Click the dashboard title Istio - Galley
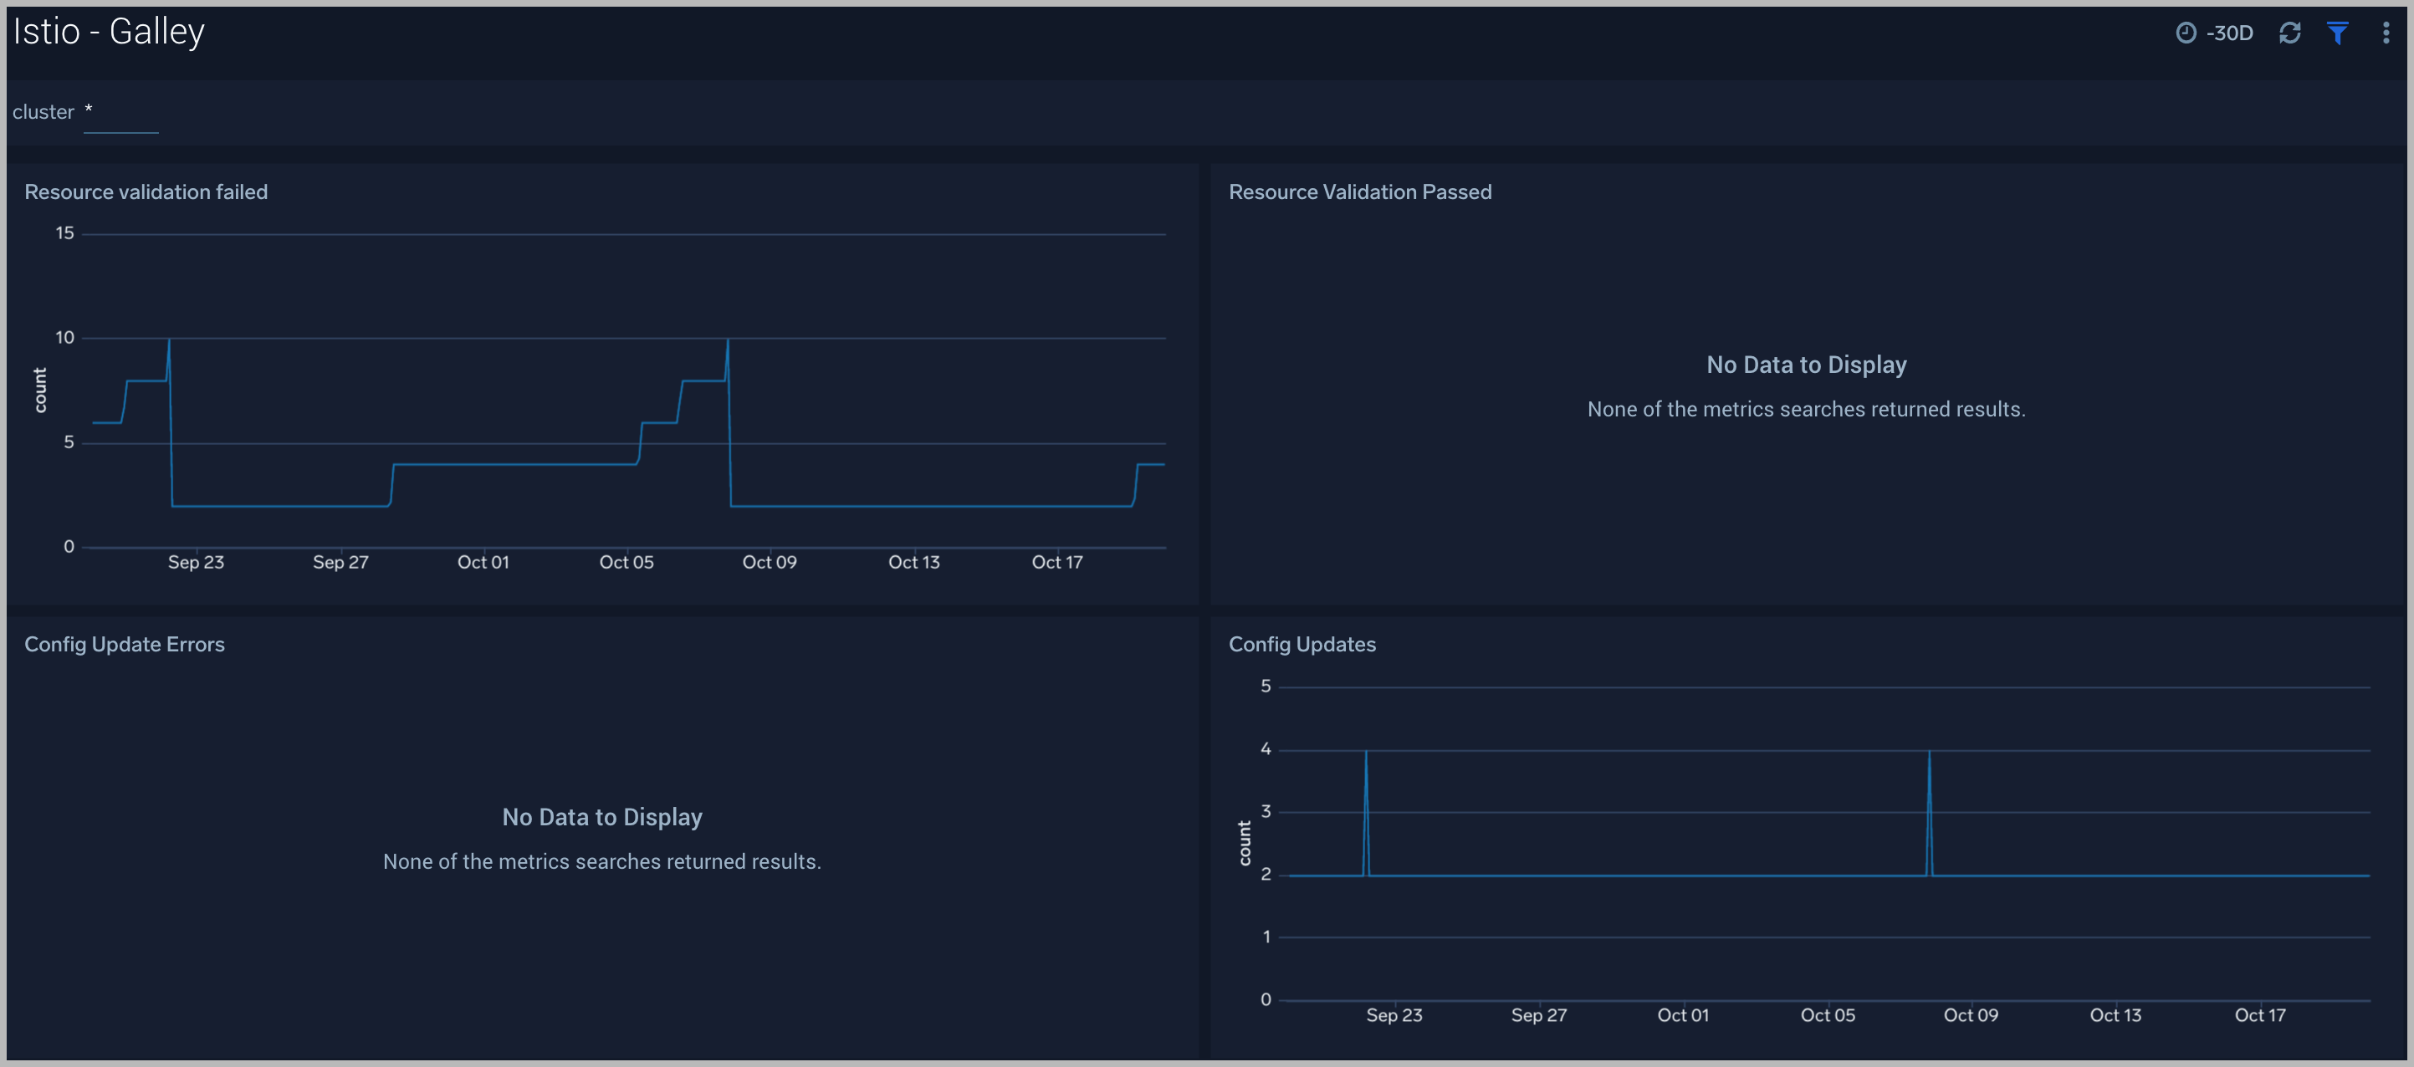[x=109, y=32]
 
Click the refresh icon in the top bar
[x=2289, y=33]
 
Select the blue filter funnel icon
[x=2337, y=33]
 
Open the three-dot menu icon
[x=2385, y=33]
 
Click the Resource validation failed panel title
[x=146, y=192]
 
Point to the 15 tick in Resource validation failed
[x=64, y=233]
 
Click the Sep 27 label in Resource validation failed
[x=340, y=562]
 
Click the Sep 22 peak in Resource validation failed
[x=169, y=341]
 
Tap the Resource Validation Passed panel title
[x=1360, y=192]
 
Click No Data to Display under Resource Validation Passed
[x=1806, y=365]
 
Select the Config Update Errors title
[x=125, y=645]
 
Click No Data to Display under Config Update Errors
[x=601, y=817]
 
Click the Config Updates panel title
[x=1302, y=645]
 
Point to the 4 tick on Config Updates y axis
[x=1265, y=748]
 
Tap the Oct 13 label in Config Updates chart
[x=2115, y=1014]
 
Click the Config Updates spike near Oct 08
[x=1929, y=753]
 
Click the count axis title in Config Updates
[x=1245, y=842]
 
